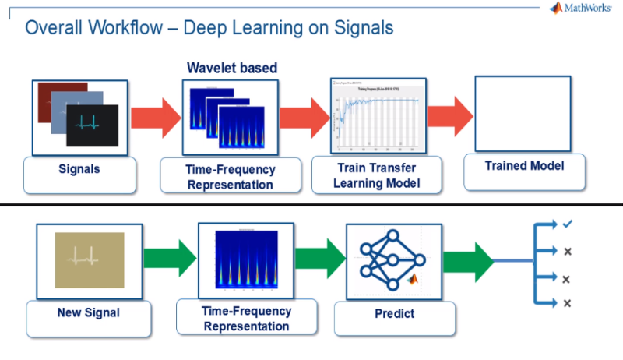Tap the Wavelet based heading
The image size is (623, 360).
(232, 69)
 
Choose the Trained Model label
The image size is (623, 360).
(513, 166)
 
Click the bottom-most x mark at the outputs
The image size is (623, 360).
(567, 302)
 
